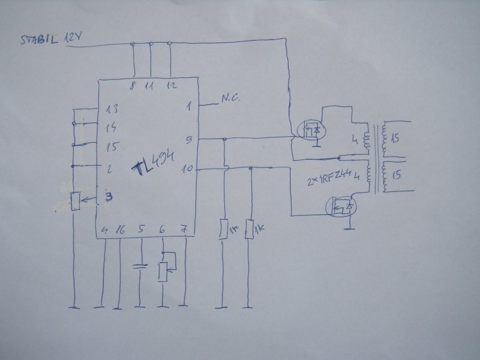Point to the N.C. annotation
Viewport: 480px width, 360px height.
(230, 99)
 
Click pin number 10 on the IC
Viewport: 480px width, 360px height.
(187, 169)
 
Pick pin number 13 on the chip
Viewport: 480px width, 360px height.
(111, 109)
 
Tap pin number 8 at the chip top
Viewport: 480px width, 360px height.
(133, 86)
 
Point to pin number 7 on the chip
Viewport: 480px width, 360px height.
(185, 229)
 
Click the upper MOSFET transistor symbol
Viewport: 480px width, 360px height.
(311, 130)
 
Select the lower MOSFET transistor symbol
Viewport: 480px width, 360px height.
(341, 208)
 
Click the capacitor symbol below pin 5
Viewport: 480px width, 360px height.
(140, 265)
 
